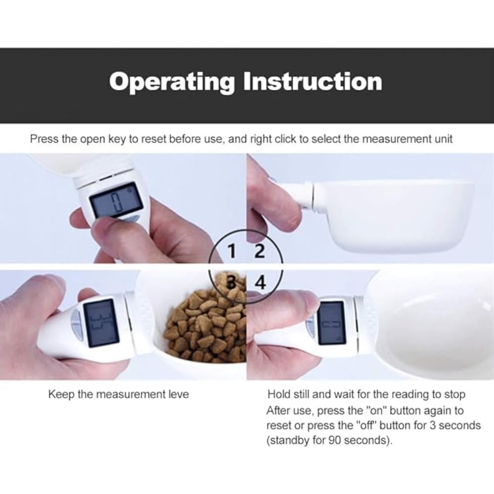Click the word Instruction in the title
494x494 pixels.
click(313, 81)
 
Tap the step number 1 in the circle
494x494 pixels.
click(231, 251)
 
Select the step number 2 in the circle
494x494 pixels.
click(259, 251)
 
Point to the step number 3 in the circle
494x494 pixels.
click(231, 282)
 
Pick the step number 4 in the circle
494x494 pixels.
click(261, 282)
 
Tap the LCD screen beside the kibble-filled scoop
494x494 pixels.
click(102, 323)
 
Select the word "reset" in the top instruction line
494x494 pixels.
click(154, 139)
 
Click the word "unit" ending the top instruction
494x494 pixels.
click(444, 139)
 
